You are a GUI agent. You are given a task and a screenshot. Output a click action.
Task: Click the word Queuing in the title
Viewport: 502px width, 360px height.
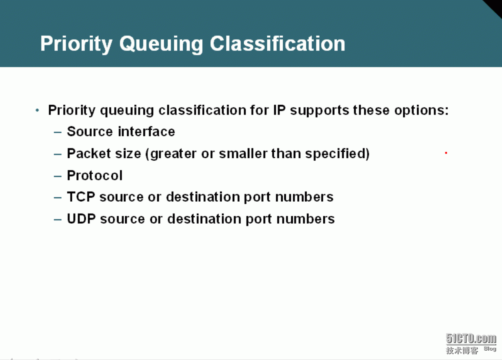coord(161,44)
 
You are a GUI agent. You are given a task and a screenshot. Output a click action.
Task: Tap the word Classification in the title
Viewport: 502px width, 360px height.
coord(277,43)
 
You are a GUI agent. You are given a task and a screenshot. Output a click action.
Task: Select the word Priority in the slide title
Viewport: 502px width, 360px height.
coord(76,44)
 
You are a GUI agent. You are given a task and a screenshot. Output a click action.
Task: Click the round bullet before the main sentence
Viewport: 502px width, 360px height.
coord(37,110)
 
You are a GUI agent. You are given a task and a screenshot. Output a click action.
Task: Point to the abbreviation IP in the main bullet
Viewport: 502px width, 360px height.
coord(279,110)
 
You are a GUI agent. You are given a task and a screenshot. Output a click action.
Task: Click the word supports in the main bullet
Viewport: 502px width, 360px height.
coord(320,110)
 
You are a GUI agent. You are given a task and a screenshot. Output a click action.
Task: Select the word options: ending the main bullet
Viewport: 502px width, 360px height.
coord(421,110)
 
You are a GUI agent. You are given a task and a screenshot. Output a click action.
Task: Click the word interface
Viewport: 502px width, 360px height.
coord(147,131)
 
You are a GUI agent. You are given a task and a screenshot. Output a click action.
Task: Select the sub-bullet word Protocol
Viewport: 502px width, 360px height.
coord(95,175)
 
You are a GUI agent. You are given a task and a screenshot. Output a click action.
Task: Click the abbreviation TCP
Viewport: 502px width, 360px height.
coord(81,197)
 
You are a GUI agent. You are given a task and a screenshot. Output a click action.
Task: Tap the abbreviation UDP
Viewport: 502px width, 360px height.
coord(81,218)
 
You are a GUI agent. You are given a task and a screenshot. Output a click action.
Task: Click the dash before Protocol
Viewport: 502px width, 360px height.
coord(58,176)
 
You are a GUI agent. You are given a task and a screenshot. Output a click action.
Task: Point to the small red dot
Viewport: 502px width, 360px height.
coord(446,153)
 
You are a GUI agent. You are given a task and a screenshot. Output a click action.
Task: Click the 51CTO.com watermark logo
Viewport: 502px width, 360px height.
coord(471,344)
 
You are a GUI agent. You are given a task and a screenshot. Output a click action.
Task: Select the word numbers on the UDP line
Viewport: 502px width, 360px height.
coord(306,219)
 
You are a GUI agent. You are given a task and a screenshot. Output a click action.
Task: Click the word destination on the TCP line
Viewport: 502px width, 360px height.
coord(203,197)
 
